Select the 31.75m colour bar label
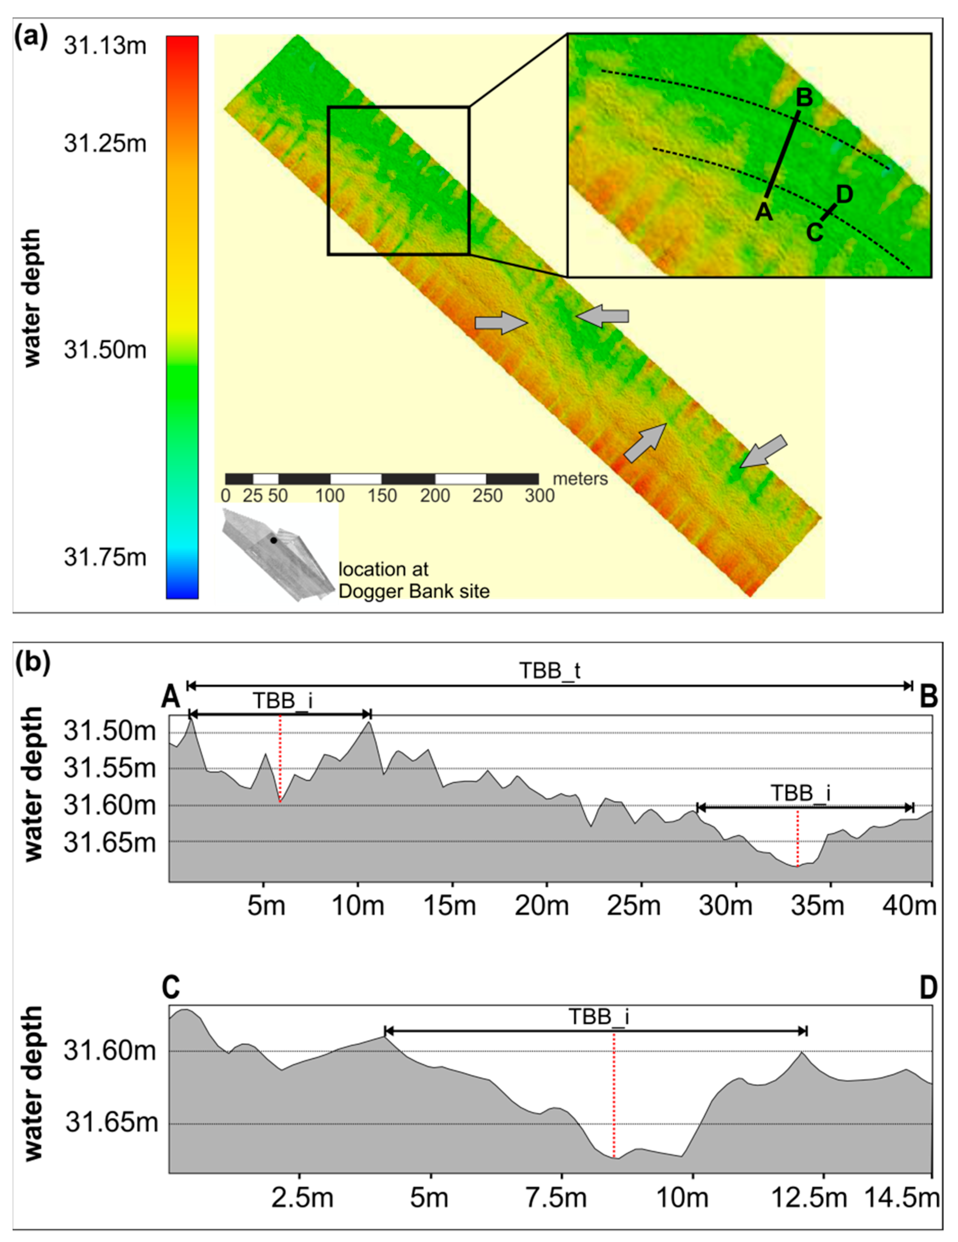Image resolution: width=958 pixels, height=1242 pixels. pos(105,557)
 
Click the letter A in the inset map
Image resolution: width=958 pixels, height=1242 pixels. pos(764,212)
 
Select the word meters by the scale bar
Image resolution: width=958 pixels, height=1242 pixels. pos(580,479)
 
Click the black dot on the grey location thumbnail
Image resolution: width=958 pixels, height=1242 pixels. pos(273,540)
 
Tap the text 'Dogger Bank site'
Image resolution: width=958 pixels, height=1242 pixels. pos(414,591)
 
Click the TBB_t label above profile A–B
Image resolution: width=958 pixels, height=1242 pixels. pos(550,672)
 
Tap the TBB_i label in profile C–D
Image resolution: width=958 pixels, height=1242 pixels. pos(599,1016)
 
